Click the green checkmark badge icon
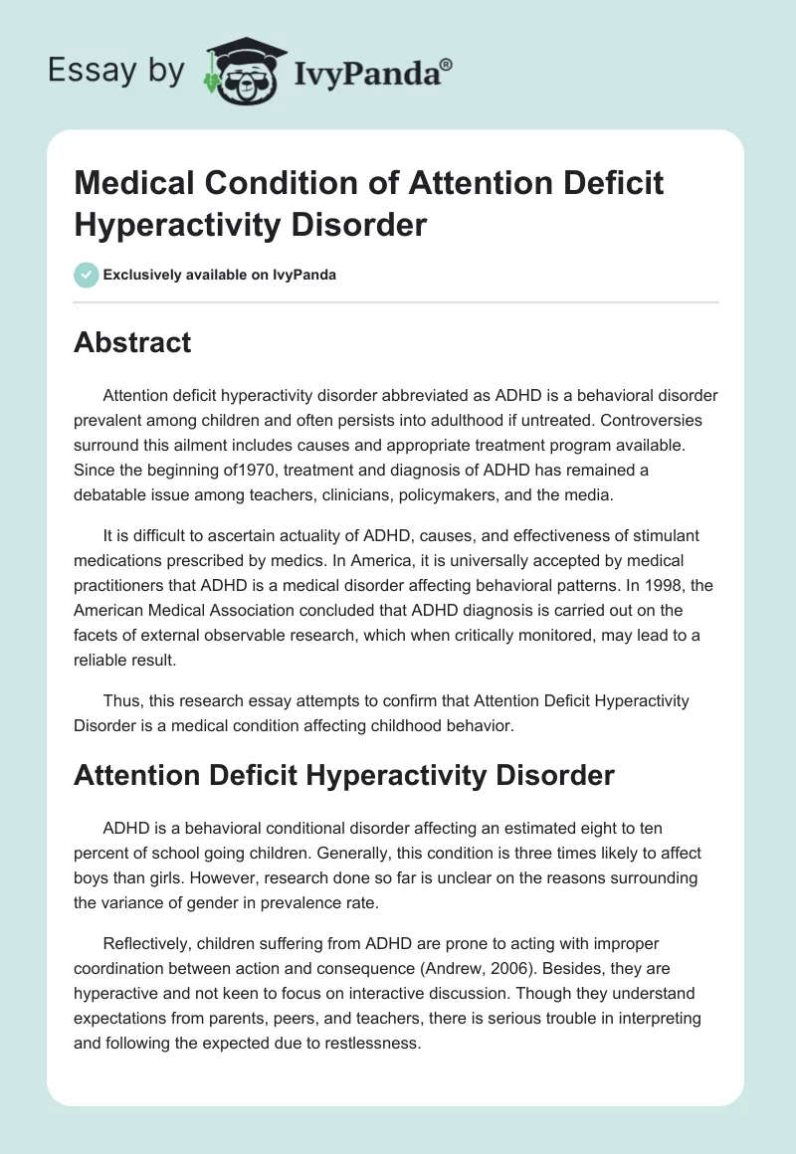click(87, 275)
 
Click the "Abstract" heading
click(132, 342)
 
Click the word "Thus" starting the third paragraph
click(121, 701)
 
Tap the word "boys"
click(93, 878)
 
